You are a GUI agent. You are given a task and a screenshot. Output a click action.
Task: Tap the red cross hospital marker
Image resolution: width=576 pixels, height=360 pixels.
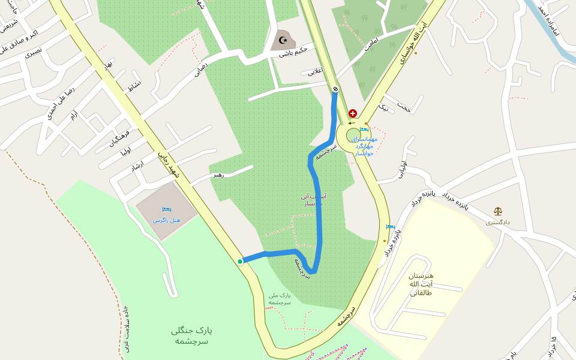pos(352,113)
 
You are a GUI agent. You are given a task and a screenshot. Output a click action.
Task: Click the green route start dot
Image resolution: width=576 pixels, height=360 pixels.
pos(240,261)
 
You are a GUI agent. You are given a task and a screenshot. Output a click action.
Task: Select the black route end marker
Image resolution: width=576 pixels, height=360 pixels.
pos(335,89)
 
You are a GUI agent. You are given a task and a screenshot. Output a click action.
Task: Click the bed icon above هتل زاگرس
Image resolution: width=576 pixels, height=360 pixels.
pos(166,209)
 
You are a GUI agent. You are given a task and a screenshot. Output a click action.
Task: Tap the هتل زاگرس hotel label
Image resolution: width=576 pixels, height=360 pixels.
pos(166,220)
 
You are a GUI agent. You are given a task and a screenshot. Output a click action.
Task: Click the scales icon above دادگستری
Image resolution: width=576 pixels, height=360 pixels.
pos(497,211)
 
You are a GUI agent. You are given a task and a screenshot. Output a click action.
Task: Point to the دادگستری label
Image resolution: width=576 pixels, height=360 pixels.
pos(497,222)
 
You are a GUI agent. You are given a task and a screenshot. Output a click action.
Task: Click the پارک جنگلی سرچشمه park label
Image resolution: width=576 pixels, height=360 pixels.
pos(191,335)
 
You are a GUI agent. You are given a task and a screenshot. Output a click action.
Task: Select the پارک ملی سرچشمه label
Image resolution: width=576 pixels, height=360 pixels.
pos(280,299)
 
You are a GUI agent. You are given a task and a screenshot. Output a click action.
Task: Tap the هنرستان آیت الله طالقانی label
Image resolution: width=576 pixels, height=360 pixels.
pos(421,284)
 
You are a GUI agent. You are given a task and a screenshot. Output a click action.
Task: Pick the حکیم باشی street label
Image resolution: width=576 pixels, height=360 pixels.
pos(293,52)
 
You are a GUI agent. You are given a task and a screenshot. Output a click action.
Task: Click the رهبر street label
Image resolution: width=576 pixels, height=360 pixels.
pos(217,175)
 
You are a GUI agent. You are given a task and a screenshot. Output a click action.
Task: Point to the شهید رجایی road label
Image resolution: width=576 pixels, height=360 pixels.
pos(169,164)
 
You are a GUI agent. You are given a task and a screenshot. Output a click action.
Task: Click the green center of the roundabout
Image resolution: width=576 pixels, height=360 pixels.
pos(353,135)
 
